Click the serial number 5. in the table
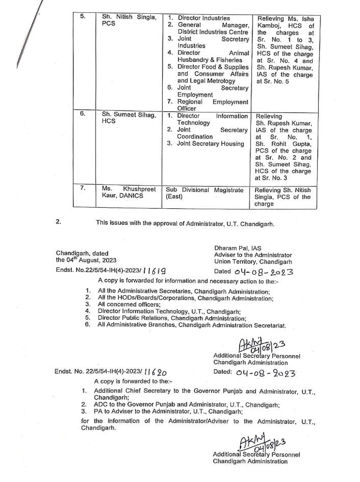tap(83, 16)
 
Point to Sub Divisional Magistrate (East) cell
tap(204, 193)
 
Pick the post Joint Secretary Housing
tap(211, 144)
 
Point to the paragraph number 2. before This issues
tap(59, 222)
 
